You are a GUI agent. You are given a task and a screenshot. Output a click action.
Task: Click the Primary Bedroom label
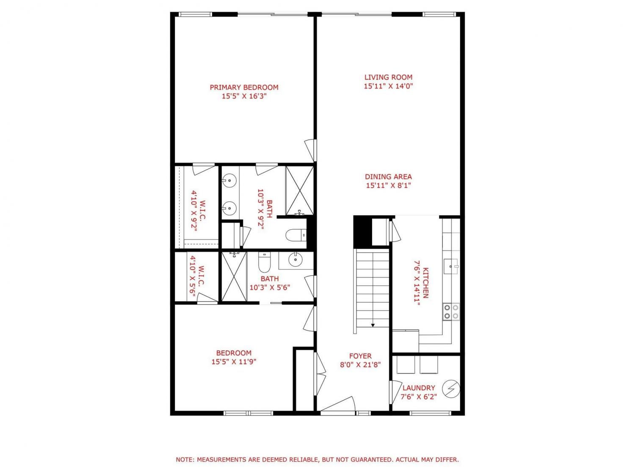coord(244,87)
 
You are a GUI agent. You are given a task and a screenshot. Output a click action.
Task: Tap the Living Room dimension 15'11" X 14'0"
coord(388,86)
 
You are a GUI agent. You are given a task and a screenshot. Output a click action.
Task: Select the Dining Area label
coord(388,176)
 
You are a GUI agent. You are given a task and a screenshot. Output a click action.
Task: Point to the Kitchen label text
coord(425,283)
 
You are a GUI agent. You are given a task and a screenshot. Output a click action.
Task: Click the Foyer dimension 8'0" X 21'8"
coord(360,365)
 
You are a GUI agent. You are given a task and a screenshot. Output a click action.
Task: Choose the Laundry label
coord(419,388)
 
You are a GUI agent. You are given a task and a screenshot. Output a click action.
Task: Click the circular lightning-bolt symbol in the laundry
coord(451,389)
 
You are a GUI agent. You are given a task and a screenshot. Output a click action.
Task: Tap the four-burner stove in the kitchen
coord(451,311)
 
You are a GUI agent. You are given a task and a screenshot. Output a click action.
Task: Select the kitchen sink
coord(451,266)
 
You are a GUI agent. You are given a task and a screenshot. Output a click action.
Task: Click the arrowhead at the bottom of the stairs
coord(373,325)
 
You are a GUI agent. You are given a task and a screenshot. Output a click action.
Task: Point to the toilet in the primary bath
coord(296,235)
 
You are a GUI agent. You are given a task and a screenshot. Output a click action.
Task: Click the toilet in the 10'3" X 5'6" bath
coord(264,262)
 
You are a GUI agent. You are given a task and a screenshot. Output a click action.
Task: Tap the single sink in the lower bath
coord(295,260)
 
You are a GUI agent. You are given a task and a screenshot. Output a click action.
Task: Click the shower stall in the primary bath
coord(299,190)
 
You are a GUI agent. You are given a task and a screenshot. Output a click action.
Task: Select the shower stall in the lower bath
coord(234,277)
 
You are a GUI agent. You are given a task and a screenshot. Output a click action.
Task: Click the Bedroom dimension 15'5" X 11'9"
coord(234,362)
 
